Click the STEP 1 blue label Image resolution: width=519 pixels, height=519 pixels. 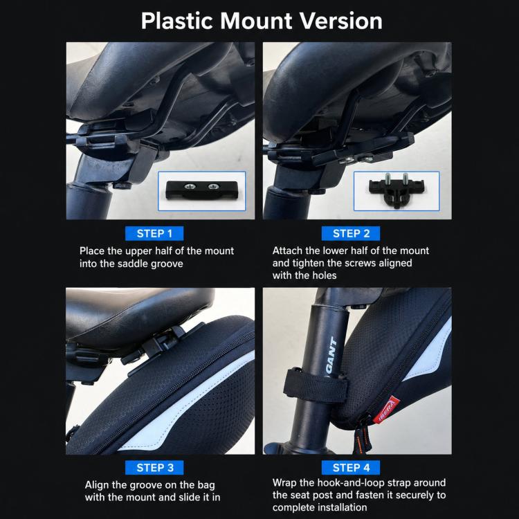tap(154, 234)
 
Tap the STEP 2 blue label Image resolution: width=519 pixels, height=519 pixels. tap(351, 234)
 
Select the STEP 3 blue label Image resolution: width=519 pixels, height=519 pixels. tap(154, 468)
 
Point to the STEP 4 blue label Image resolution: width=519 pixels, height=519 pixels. tap(351, 468)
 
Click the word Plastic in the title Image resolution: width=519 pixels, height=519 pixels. tap(176, 21)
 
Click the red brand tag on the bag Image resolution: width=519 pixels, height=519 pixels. tap(386, 410)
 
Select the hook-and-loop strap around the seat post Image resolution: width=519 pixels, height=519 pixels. tap(315, 385)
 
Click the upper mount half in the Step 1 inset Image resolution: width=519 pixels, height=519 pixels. tap(202, 190)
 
